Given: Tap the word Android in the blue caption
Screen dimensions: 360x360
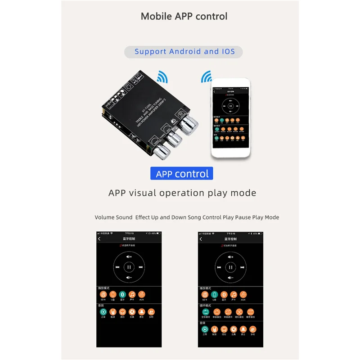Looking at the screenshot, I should coord(185,51).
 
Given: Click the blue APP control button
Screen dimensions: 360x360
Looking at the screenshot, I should coord(182,174).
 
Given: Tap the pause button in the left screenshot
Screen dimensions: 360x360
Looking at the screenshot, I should coord(129,266).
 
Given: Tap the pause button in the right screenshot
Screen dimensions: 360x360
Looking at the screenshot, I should coord(231,266).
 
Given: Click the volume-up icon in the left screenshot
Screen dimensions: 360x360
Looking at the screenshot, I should coord(129,256).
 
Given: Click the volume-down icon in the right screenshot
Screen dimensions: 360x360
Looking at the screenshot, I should coord(231,277).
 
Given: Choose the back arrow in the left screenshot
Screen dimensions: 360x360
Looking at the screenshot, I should coord(99,239).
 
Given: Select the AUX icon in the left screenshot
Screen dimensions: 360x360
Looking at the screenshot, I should coord(142,294).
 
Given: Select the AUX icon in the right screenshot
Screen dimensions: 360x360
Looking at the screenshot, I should coord(243,294).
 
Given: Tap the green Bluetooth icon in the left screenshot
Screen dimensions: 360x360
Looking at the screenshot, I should coord(122,294).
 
